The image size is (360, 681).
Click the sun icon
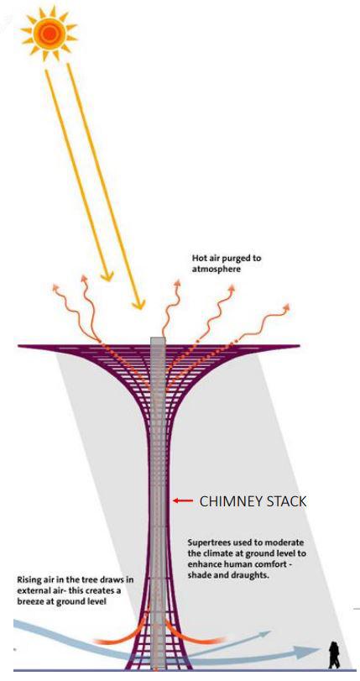pos(49,32)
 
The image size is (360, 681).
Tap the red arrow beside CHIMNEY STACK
pos(183,500)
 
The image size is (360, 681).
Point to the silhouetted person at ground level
pos(334,655)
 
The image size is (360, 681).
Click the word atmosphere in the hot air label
pos(217,270)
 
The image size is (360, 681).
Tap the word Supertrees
pos(208,543)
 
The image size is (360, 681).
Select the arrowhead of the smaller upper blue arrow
pos(264,634)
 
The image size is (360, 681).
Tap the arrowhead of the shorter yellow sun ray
pos(107,275)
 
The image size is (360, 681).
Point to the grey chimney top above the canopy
pos(158,341)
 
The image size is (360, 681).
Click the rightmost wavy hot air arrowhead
pos(285,307)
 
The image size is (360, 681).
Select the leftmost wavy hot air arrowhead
pos(55,287)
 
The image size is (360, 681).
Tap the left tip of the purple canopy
pos(18,346)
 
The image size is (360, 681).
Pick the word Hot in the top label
pos(199,258)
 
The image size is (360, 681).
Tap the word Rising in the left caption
pos(29,579)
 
